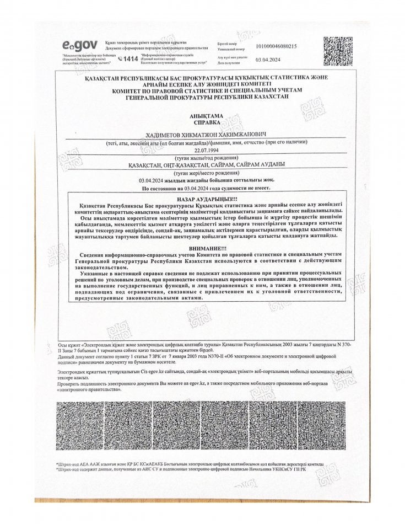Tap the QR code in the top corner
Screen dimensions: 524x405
(337, 51)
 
